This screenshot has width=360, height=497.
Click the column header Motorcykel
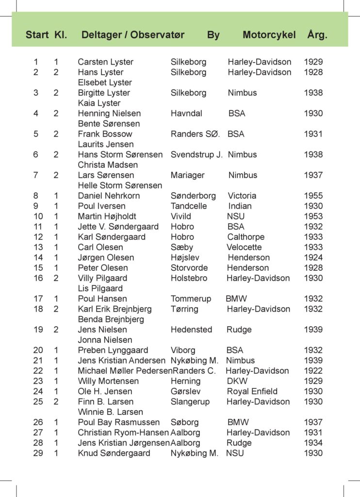coord(269,35)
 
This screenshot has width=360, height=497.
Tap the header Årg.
coord(317,35)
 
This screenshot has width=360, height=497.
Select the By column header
coord(213,35)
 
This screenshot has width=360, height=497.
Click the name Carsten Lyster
coord(105,62)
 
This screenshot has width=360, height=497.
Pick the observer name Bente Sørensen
coord(109,124)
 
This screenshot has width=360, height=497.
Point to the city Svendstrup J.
coord(196,155)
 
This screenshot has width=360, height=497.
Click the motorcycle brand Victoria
coord(242,196)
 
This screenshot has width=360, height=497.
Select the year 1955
coord(313,196)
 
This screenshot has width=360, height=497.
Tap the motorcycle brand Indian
coord(240,206)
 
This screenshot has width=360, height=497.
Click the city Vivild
coord(181,216)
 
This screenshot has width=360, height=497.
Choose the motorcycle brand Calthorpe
coord(246,237)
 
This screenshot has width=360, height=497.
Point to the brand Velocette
coord(244,248)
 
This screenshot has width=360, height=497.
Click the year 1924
coord(313,258)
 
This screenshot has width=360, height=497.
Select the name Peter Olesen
coord(103,268)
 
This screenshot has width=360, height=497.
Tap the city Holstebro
coord(189,278)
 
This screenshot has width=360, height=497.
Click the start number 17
coord(38,299)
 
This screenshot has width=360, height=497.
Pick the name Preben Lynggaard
coord(113,350)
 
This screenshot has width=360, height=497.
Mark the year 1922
coord(313,371)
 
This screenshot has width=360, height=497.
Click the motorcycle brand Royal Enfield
coord(252,391)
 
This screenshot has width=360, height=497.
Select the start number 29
coord(38,453)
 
